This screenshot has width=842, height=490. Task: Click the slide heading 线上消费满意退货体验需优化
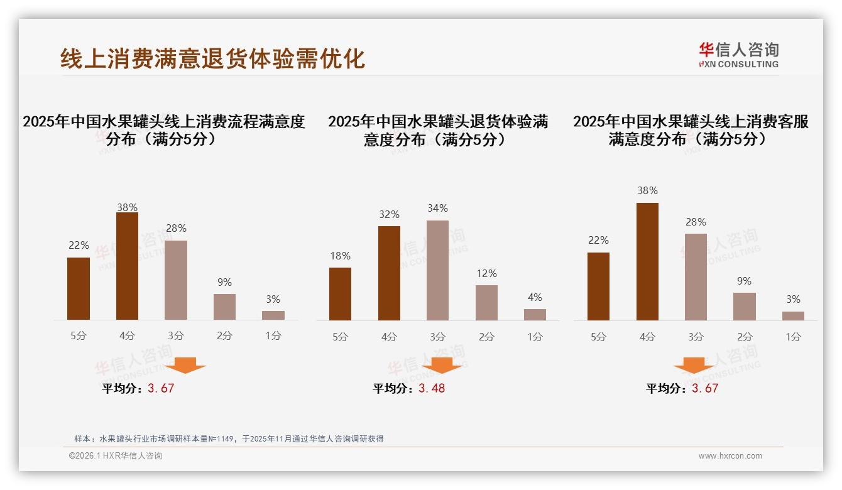click(212, 58)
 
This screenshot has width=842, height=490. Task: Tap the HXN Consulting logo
click(738, 55)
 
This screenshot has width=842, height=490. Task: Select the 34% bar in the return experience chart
click(437, 270)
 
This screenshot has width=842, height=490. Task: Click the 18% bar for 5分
click(340, 294)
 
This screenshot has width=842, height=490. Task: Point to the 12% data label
click(486, 273)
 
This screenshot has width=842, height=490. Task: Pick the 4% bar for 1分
click(535, 314)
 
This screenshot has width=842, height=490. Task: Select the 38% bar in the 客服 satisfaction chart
click(647, 261)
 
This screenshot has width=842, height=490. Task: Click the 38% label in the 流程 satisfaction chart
click(127, 207)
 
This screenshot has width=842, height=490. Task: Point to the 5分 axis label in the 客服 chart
click(598, 337)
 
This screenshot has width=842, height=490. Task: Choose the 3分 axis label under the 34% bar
click(437, 337)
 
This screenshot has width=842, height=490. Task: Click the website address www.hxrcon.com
click(730, 456)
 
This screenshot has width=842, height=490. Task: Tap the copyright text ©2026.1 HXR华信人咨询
click(116, 456)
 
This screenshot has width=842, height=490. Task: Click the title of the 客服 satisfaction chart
click(691, 130)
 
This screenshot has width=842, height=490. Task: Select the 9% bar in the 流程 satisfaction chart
click(224, 307)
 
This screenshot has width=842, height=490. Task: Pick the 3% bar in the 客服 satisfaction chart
click(793, 315)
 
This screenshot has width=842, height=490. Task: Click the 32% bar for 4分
click(389, 273)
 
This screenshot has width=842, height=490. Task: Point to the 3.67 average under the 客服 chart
click(705, 388)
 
